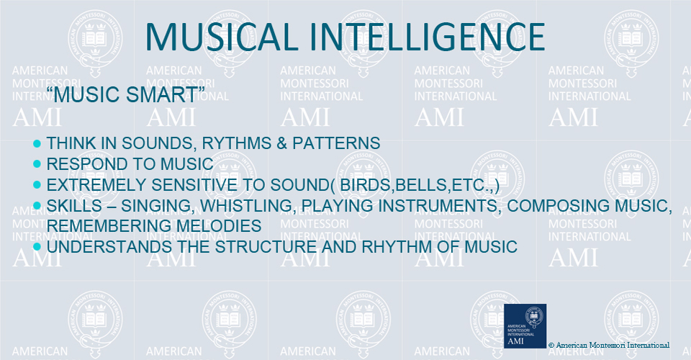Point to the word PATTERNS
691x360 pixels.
click(336, 143)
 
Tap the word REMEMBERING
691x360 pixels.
click(109, 225)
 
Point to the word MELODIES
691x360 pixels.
click(219, 225)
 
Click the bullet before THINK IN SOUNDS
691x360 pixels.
click(37, 143)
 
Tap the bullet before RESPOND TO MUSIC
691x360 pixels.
click(37, 164)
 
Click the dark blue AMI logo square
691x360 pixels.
click(525, 325)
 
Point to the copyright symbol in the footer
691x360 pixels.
click(551, 346)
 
